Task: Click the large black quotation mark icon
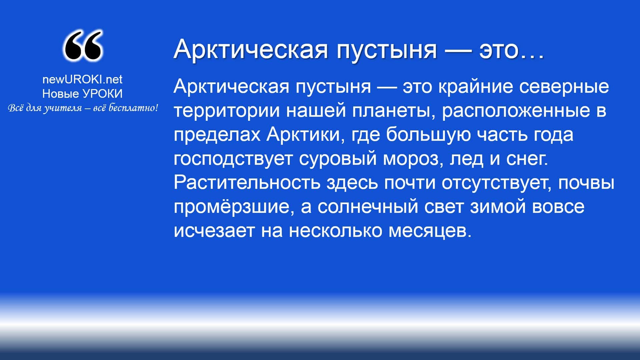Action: click(x=83, y=45)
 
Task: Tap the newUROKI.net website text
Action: click(x=82, y=79)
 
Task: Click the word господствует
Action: click(x=233, y=159)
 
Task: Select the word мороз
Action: click(x=413, y=159)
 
